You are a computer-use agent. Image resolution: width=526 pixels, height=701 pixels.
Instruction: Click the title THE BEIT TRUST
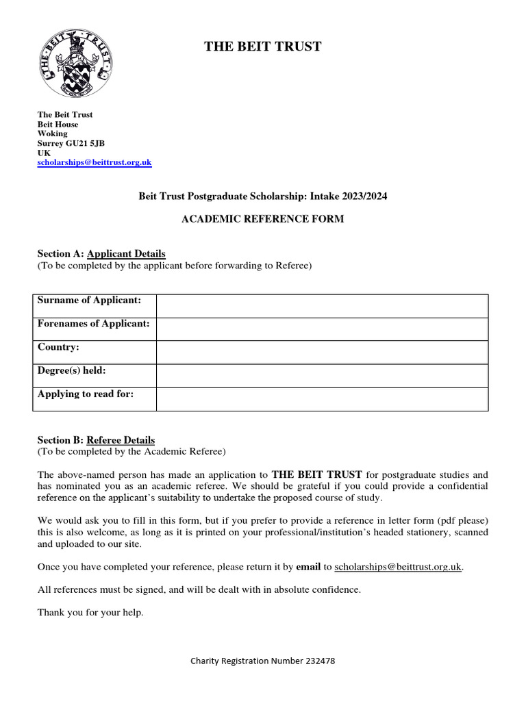263,47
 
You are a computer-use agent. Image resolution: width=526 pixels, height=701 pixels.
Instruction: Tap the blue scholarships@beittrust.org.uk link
94,162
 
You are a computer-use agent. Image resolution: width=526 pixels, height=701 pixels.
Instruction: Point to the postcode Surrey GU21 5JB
71,143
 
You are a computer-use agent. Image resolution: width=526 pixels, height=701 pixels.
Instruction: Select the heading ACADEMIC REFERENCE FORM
262,219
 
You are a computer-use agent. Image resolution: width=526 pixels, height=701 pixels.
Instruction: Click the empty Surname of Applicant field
322,306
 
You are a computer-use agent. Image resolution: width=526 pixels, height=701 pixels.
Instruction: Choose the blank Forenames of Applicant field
322,329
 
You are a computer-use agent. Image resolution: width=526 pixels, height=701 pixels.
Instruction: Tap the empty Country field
322,353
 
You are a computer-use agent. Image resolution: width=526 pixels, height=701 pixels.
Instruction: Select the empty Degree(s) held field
322,376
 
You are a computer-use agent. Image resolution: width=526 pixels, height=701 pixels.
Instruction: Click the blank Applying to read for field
322,399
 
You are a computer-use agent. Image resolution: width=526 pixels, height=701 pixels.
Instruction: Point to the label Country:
58,347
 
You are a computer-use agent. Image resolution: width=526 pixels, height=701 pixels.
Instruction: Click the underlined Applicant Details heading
126,253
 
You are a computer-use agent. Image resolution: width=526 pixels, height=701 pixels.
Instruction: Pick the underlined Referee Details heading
121,440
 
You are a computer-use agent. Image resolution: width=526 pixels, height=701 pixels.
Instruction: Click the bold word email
308,567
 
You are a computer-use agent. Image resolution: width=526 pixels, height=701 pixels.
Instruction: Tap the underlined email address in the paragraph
398,567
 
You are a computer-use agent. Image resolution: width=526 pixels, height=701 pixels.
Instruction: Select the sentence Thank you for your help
90,613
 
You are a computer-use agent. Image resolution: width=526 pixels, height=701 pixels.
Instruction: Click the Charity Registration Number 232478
262,661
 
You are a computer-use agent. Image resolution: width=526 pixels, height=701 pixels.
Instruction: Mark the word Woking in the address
52,133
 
